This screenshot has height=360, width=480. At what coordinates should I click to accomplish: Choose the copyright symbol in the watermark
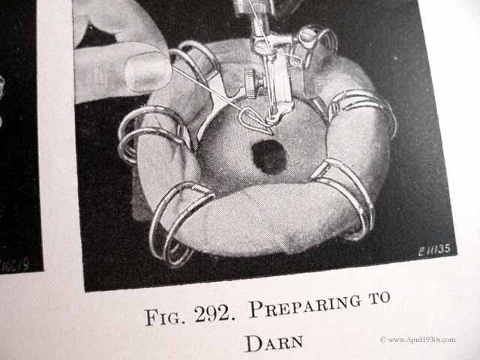click(x=383, y=340)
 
